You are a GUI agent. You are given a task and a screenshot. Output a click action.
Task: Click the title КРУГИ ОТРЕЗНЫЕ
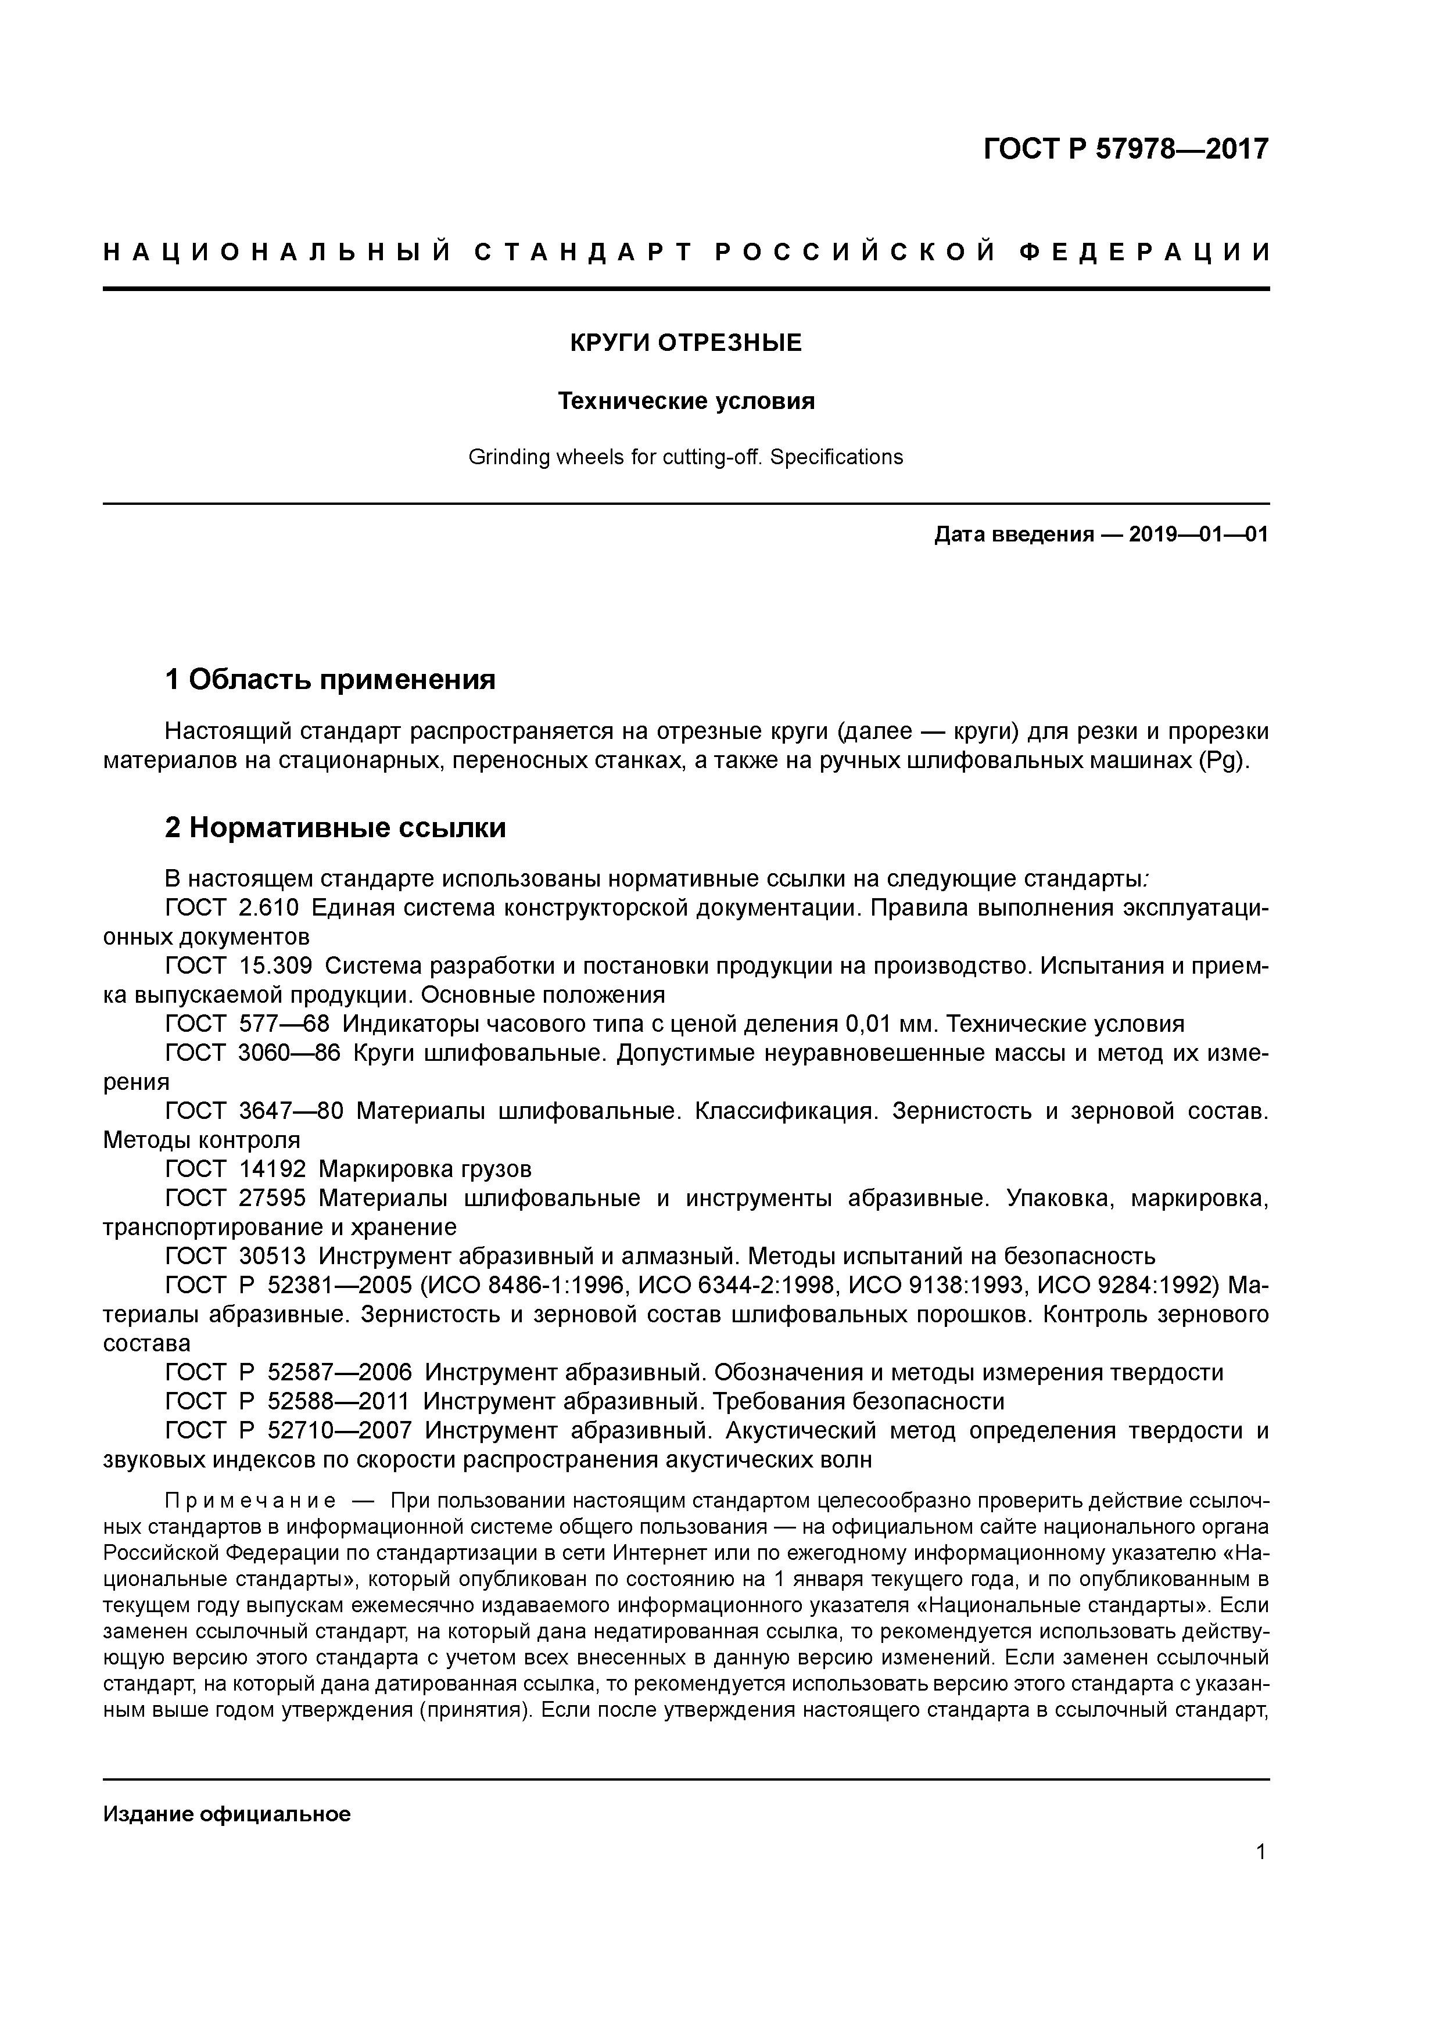tap(686, 343)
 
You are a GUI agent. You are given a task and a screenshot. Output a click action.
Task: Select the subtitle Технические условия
tap(686, 401)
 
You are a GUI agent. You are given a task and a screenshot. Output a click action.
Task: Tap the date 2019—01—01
tap(1199, 534)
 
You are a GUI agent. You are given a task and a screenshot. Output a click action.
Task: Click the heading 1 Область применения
tap(330, 679)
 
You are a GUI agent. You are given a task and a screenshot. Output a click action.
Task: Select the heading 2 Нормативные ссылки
tap(336, 827)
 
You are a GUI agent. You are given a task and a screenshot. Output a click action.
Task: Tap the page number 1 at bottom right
tap(1261, 1852)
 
